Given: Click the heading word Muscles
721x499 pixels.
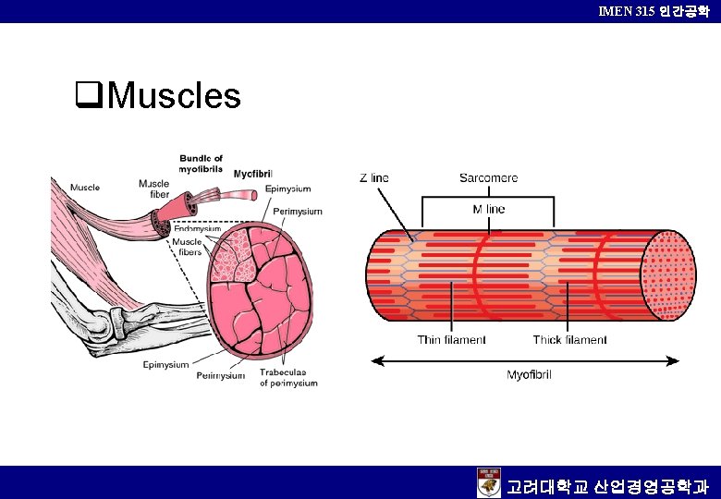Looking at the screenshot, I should click(174, 95).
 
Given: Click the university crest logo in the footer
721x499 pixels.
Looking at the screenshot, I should click(488, 483).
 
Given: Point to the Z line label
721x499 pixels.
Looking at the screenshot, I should click(374, 177).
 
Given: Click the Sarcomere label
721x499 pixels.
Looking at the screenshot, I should click(488, 177).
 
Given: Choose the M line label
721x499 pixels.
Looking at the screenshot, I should click(489, 209).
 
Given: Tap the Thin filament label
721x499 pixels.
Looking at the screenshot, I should click(451, 340).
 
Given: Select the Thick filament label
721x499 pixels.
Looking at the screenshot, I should click(569, 340).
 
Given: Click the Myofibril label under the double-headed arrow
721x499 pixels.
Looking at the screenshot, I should click(530, 374).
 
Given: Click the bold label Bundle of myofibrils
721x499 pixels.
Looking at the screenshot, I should click(201, 164).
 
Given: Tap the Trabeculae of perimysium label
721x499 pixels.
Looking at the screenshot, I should click(287, 377).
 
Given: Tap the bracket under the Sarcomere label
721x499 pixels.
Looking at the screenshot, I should click(488, 196).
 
